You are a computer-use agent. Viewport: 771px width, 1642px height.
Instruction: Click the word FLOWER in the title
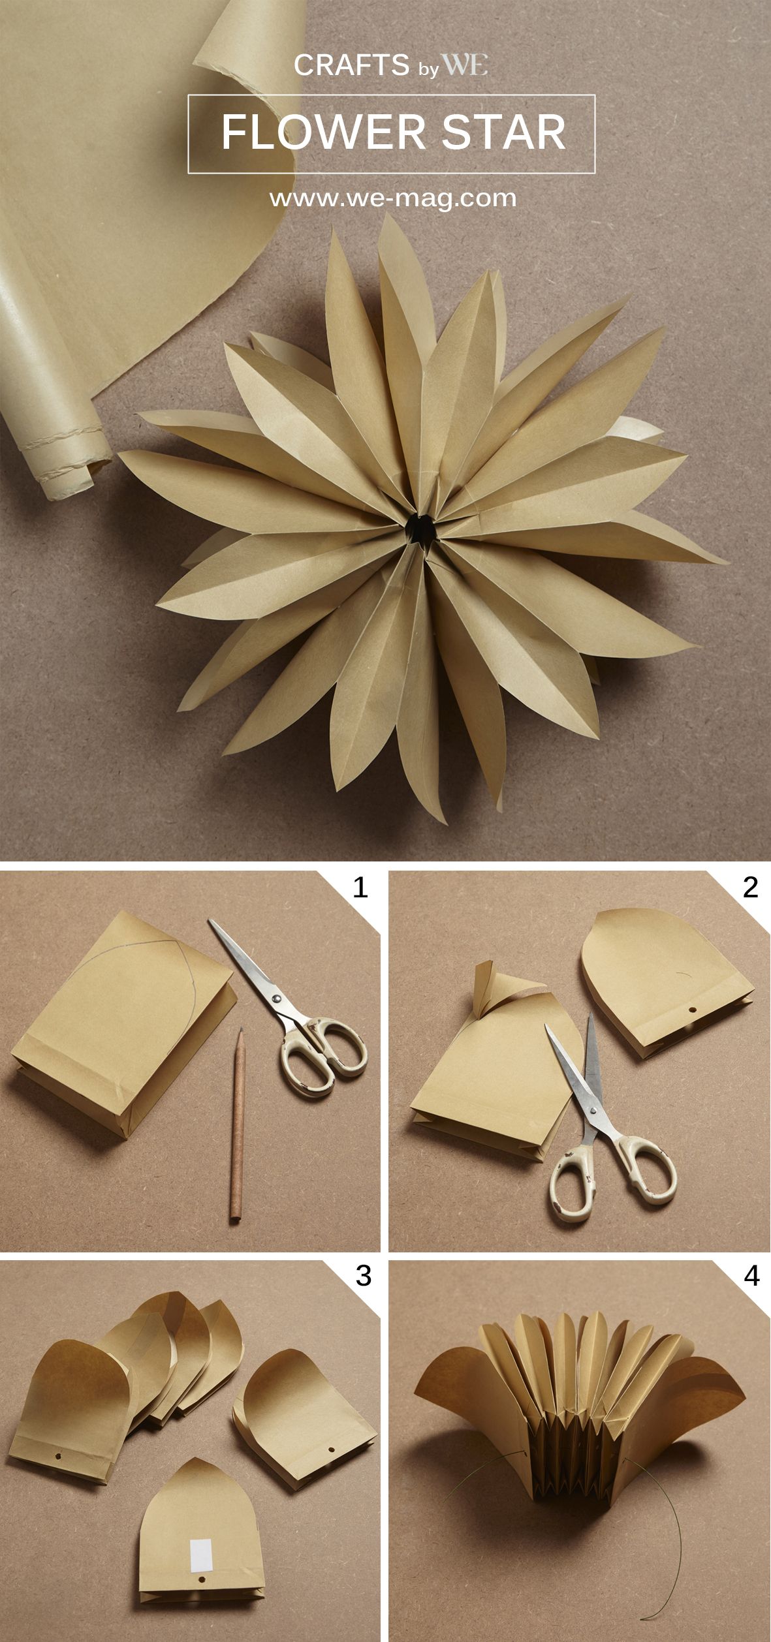(323, 132)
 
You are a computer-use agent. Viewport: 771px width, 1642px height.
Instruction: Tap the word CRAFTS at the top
(351, 65)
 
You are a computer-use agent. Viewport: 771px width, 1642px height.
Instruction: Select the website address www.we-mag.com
(393, 198)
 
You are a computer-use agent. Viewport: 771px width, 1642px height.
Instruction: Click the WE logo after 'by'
(465, 65)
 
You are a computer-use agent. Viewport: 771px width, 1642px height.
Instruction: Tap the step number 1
(360, 888)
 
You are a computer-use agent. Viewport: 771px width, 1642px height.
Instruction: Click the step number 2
(751, 888)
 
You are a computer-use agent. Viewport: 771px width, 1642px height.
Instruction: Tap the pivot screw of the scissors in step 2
(592, 1109)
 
